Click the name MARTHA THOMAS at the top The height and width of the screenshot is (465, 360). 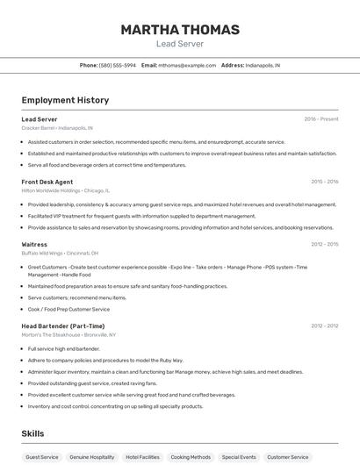coord(179,30)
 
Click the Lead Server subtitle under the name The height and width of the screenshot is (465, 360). coord(179,43)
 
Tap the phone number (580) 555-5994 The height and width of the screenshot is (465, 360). coord(117,65)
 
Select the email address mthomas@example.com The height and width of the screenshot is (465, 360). coord(187,65)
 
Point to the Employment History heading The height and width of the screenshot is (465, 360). coord(65,100)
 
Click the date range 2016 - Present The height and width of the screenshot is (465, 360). coord(321,118)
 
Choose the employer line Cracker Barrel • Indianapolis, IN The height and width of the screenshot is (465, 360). coord(57,128)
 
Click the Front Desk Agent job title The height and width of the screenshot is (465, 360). coord(47,182)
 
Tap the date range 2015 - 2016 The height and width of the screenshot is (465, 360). coord(324,182)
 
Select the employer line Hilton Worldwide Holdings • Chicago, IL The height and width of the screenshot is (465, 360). coord(66,190)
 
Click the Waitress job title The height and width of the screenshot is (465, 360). coord(34,244)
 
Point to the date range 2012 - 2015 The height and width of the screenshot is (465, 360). coord(324,244)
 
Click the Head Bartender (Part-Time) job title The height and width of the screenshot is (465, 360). coord(63,325)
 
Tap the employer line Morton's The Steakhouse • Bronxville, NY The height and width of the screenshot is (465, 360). coord(68,334)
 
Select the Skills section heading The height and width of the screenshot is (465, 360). coord(33,433)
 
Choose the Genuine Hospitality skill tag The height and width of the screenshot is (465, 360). coord(92,457)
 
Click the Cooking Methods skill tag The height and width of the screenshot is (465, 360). coord(191,457)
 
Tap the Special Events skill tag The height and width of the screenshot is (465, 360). coord(239,457)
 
